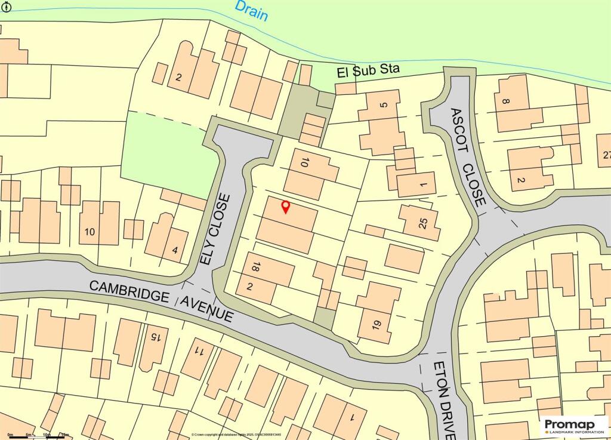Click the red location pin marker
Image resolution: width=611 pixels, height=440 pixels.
pyautogui.click(x=285, y=207)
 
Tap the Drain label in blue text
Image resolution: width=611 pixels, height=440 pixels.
pyautogui.click(x=251, y=11)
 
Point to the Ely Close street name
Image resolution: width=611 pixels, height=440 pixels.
pyautogui.click(x=215, y=229)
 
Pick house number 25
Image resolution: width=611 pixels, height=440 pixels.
pyautogui.click(x=424, y=223)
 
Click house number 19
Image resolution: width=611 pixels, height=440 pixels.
pyautogui.click(x=376, y=325)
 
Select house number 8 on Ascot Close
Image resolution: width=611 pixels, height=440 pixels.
pyautogui.click(x=507, y=102)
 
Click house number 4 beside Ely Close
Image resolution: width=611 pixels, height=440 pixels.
pyautogui.click(x=175, y=250)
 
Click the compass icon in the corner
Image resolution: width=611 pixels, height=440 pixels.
pyautogui.click(x=6, y=7)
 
